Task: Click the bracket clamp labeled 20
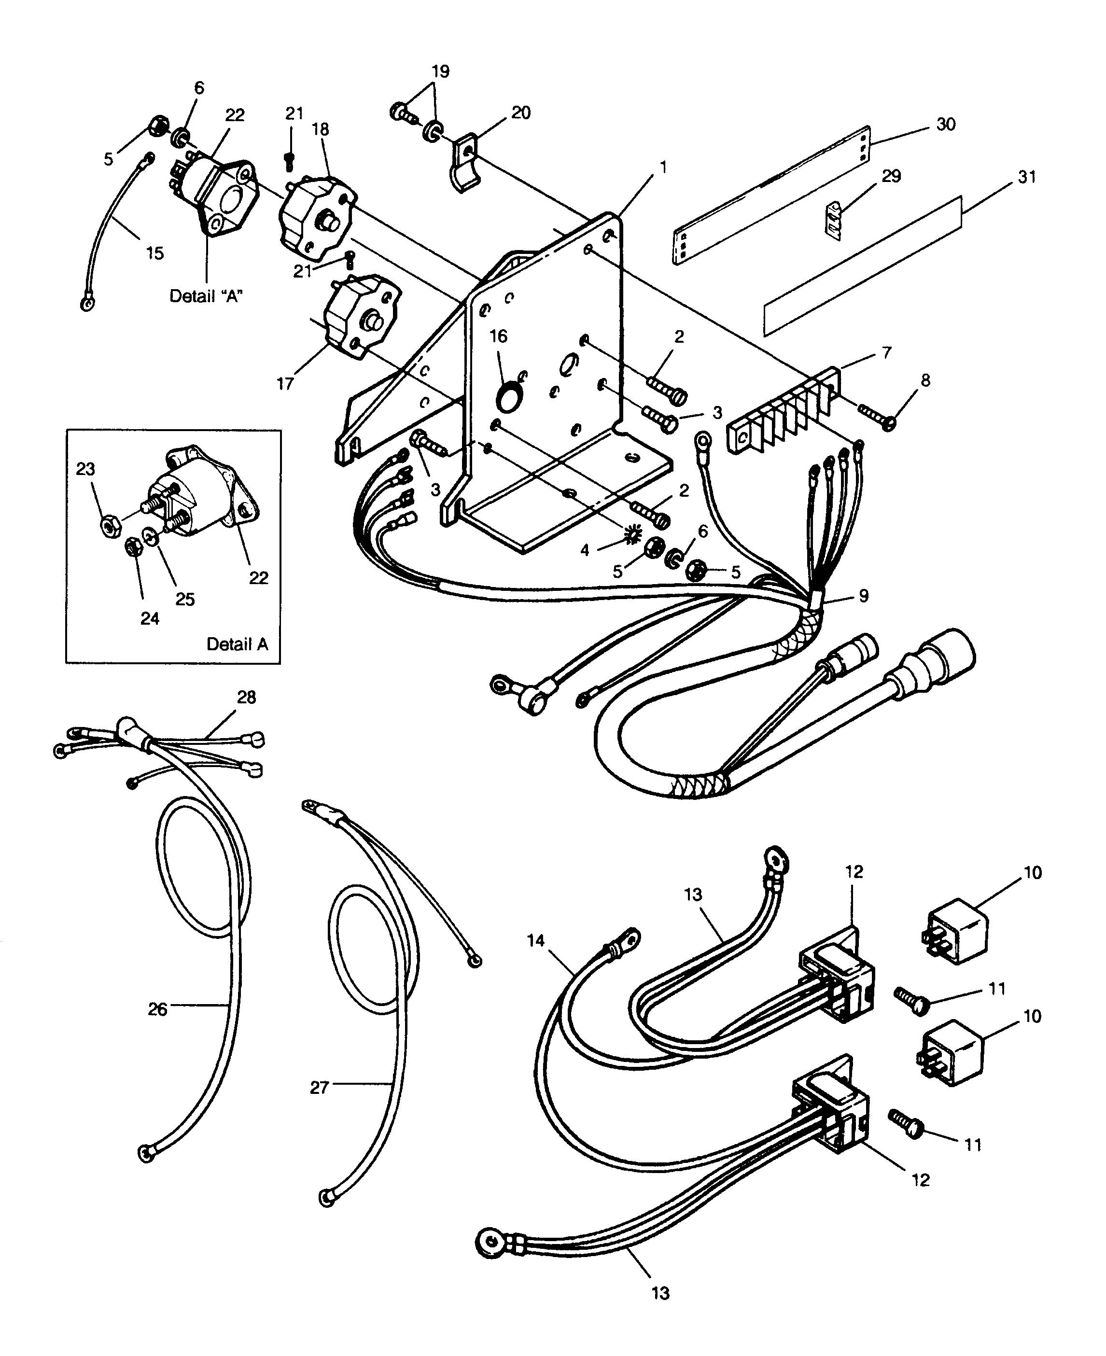pos(467,164)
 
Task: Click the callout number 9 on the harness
pos(863,596)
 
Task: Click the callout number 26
pos(157,1009)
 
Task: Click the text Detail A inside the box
pos(237,644)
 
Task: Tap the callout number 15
pos(155,253)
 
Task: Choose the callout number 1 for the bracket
pos(663,168)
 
